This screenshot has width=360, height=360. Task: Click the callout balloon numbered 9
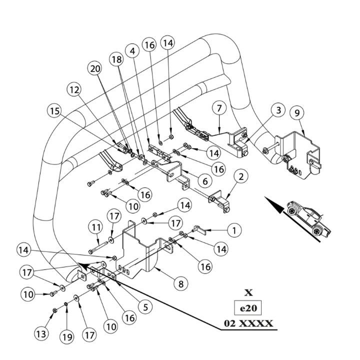point(297,112)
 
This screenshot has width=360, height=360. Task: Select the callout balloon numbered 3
point(278,110)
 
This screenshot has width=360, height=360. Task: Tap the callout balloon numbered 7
point(219,108)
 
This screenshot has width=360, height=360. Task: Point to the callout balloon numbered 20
point(95,68)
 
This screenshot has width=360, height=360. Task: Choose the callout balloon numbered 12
point(74,90)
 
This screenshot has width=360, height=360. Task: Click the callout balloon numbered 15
point(54,111)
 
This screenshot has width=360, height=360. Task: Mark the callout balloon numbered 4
point(132,51)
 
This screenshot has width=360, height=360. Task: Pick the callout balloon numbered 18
point(116,59)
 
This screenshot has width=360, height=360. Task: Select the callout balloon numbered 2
point(241,176)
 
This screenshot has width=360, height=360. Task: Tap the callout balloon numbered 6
point(205,181)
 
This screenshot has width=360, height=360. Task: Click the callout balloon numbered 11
point(96,227)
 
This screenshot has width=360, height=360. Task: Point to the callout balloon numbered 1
point(234,230)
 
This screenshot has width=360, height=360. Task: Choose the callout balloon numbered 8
point(181,284)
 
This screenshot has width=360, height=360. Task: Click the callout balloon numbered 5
point(146,306)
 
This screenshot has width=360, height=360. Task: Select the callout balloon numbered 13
point(41,334)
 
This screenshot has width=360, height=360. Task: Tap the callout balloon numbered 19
point(67,337)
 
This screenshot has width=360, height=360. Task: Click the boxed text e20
point(248,308)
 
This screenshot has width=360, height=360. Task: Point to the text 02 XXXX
point(248,323)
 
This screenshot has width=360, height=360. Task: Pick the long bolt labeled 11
point(98,247)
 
